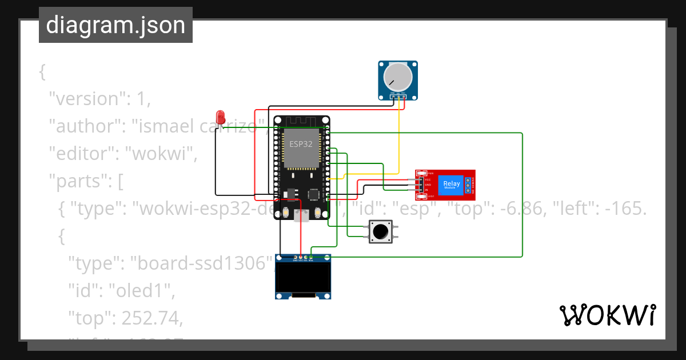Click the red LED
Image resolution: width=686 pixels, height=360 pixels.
click(221, 115)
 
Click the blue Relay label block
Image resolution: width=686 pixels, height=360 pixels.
click(451, 185)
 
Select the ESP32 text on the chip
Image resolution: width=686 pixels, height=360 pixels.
click(301, 144)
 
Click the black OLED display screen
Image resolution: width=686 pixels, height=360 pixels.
click(303, 277)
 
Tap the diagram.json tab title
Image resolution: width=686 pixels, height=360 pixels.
click(115, 26)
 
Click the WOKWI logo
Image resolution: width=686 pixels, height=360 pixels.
click(607, 315)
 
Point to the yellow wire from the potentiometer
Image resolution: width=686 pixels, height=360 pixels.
click(398, 137)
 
